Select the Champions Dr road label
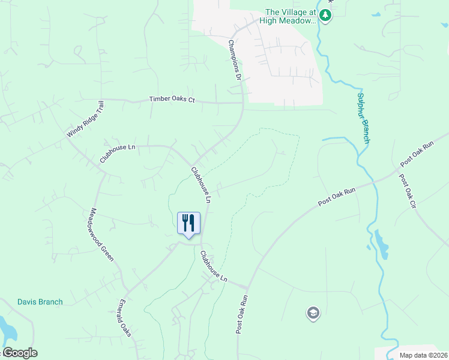(234, 61)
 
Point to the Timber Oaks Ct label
(172, 99)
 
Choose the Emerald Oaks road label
(125, 317)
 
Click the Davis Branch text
(40, 302)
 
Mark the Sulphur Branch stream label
(363, 118)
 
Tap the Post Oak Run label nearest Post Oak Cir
(417, 155)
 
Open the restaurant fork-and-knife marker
(189, 224)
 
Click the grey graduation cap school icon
(313, 313)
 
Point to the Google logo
(20, 353)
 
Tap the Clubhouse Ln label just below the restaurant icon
(214, 267)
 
